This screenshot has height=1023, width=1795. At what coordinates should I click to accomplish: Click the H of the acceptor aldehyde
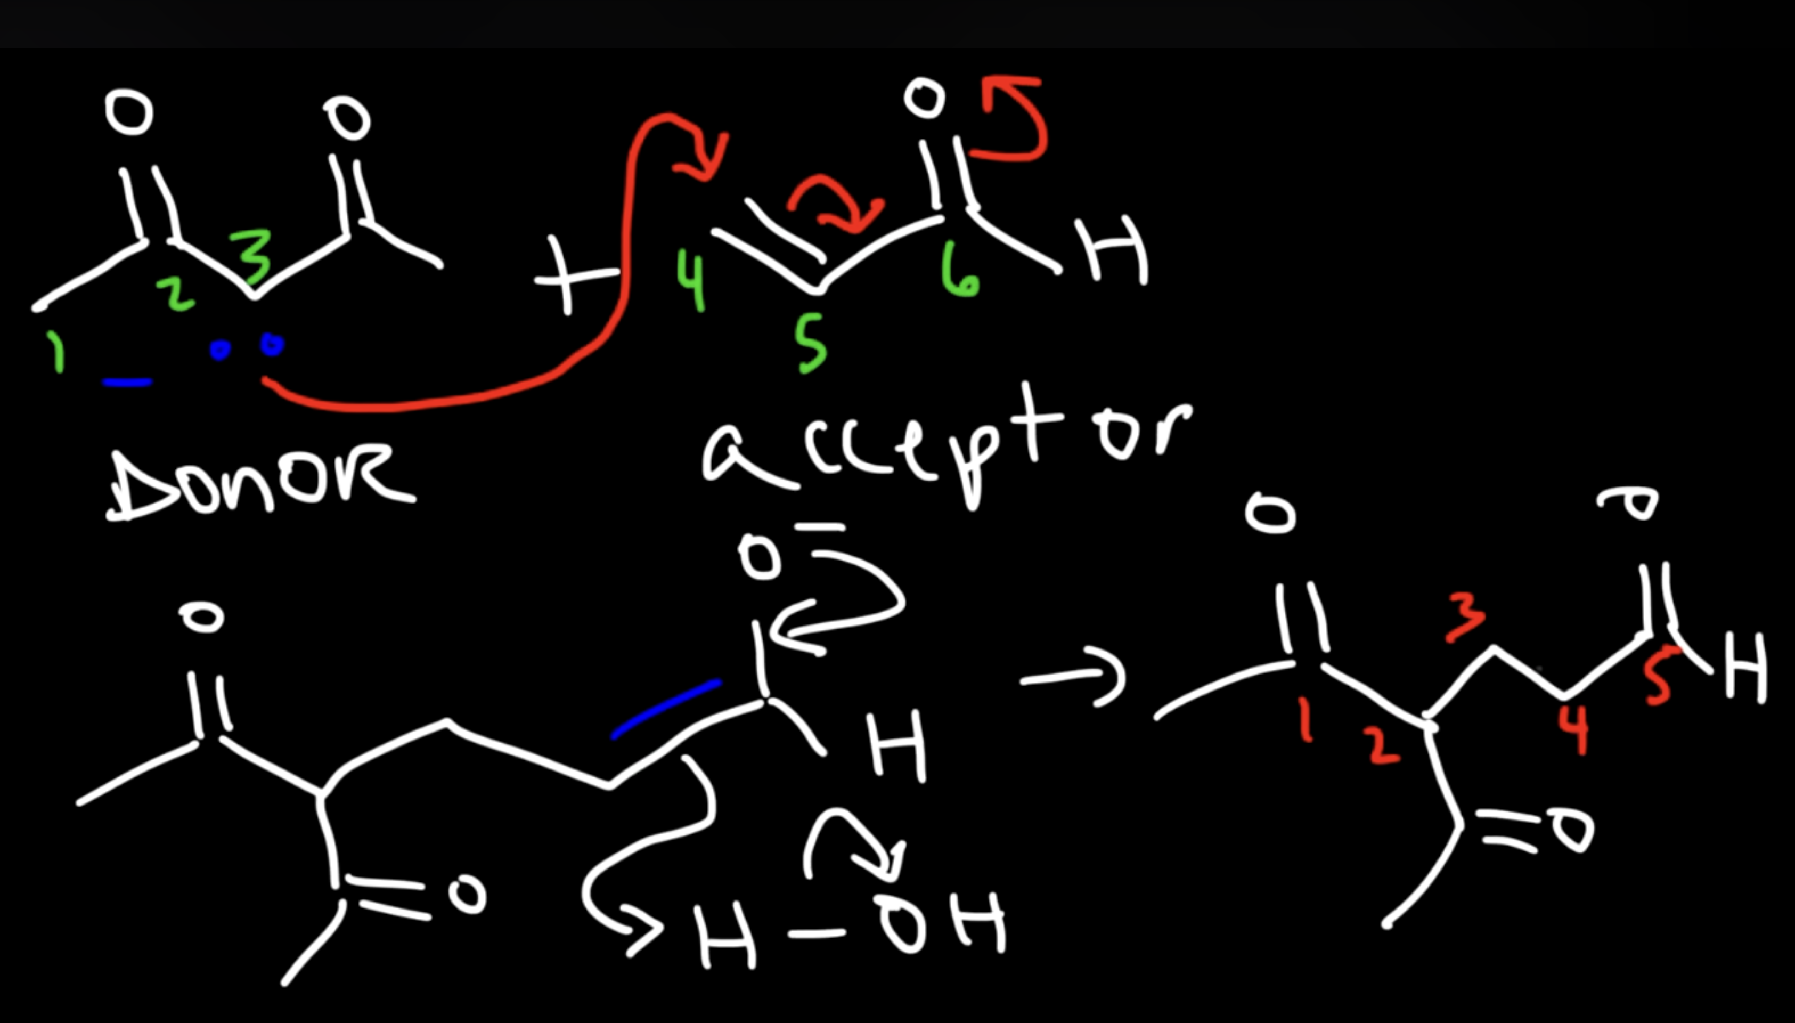point(1116,250)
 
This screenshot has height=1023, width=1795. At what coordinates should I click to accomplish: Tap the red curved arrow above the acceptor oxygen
point(1015,119)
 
